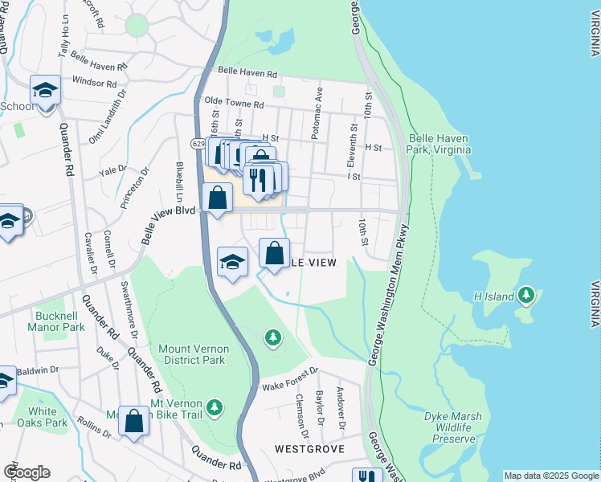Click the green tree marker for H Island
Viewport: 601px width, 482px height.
(x=526, y=296)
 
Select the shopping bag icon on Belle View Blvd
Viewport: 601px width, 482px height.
(x=218, y=198)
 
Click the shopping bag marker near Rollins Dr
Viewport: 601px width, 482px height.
(x=134, y=420)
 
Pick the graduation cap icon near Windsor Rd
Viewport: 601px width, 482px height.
(x=46, y=90)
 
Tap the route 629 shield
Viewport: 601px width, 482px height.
(x=198, y=143)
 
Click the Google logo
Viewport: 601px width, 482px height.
(x=27, y=472)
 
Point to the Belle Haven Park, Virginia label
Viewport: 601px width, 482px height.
(x=439, y=144)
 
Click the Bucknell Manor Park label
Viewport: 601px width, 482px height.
(x=56, y=321)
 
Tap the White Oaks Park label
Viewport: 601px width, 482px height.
(x=44, y=417)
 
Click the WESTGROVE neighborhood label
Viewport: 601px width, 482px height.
(x=309, y=448)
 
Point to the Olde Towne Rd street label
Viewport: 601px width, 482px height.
(x=234, y=104)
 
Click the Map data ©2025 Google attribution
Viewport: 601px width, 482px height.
(x=551, y=476)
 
